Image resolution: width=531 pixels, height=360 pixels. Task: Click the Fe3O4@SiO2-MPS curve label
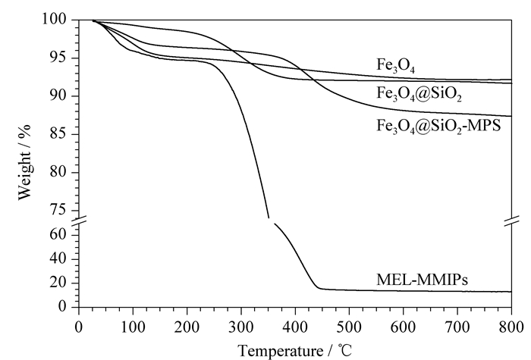click(x=438, y=127)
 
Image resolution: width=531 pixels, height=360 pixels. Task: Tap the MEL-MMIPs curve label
click(x=422, y=280)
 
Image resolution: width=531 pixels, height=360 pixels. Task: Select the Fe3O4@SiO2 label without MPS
click(x=419, y=94)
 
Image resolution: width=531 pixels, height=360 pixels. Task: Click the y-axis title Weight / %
click(x=24, y=162)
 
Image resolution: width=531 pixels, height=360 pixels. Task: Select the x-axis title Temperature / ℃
click(x=294, y=350)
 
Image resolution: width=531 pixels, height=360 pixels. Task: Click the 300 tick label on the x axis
click(x=241, y=327)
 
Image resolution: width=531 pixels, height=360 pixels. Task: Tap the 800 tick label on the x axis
click(x=511, y=327)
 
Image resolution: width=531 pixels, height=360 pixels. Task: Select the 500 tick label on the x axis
click(x=349, y=327)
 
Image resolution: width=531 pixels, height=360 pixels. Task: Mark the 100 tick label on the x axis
click(x=133, y=327)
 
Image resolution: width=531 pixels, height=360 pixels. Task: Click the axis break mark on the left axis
click(x=79, y=221)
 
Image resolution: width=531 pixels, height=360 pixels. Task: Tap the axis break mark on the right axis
click(x=511, y=221)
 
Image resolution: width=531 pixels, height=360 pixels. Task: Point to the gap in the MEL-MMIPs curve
click(x=272, y=221)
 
